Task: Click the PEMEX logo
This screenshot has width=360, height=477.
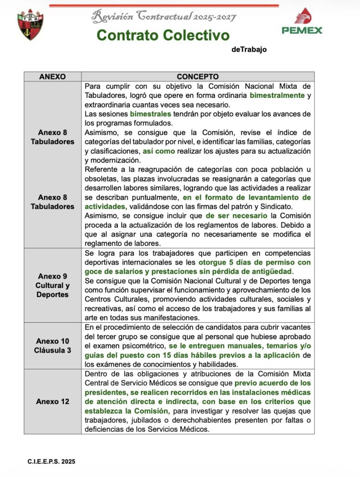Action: (301, 22)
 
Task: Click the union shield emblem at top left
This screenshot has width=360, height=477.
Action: (30, 24)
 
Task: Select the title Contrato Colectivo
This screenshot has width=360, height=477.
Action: (163, 35)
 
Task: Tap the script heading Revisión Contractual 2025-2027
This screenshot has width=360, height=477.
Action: (163, 17)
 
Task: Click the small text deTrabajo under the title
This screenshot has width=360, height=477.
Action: (249, 50)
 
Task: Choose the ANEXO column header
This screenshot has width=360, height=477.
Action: (52, 76)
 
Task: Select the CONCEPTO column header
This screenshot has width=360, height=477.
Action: (197, 76)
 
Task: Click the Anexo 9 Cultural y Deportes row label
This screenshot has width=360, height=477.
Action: (53, 285)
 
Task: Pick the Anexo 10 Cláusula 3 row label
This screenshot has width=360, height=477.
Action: (53, 346)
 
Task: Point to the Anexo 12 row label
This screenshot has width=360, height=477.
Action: (53, 402)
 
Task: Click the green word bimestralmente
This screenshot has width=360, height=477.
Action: (277, 95)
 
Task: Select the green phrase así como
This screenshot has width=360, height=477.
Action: (159, 151)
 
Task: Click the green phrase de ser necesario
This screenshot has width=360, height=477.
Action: (237, 216)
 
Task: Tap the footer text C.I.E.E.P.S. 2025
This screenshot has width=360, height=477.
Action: (51, 462)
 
